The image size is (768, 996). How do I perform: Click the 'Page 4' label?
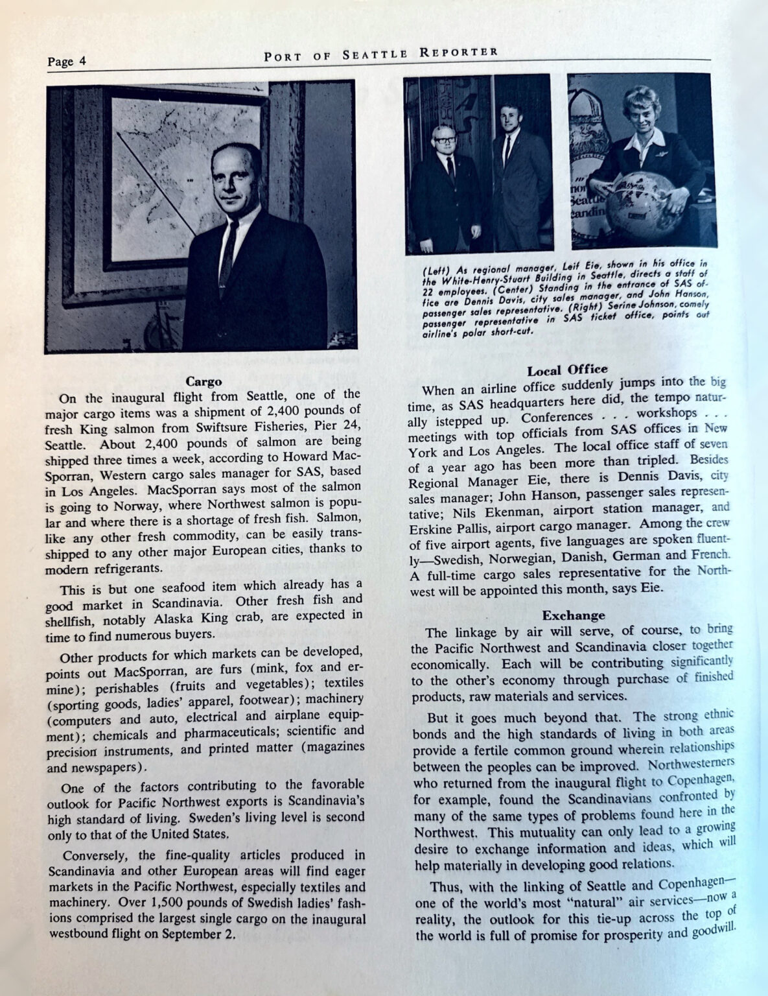coord(67,62)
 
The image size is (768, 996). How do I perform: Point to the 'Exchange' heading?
coord(574,615)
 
